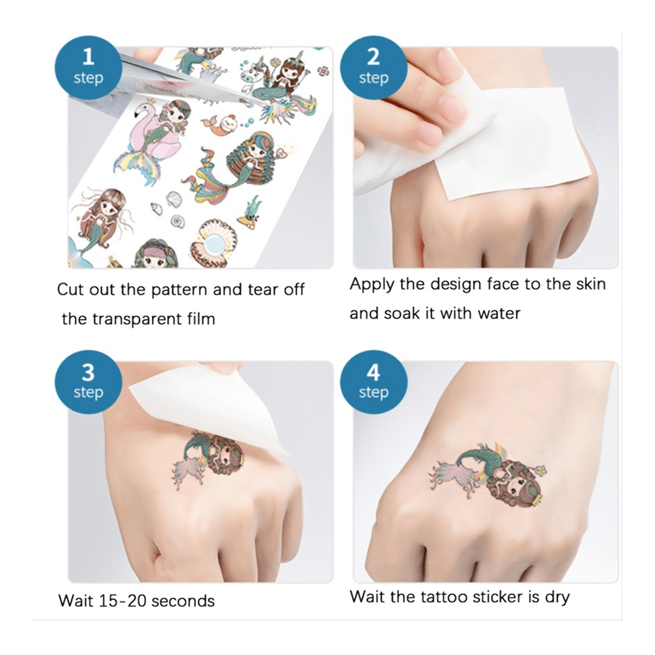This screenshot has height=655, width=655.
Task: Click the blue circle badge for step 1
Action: tap(88, 67)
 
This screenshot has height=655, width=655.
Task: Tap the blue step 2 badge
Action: tap(373, 67)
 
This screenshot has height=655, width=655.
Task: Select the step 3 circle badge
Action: tap(88, 383)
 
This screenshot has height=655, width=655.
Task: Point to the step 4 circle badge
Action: tap(373, 383)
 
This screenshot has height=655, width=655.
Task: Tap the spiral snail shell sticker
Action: tap(178, 221)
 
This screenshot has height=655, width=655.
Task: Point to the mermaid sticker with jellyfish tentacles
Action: tap(102, 219)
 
